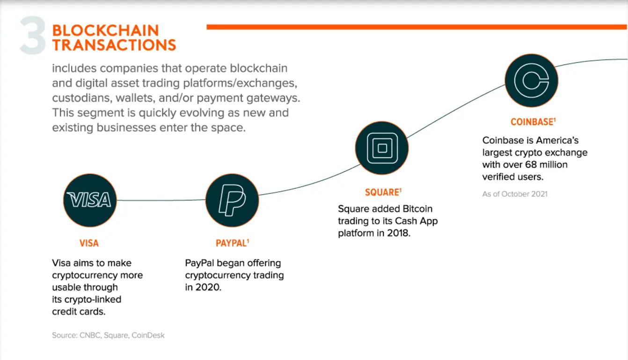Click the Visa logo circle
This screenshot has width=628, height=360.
tap(90, 200)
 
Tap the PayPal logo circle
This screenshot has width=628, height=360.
tap(232, 200)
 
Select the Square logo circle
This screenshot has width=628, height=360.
tap(382, 148)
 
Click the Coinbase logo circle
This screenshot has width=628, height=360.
tap(531, 80)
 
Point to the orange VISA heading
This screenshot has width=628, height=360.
tap(89, 243)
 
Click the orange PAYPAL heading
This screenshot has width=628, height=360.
tap(232, 243)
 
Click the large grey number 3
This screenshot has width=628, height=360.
tap(33, 36)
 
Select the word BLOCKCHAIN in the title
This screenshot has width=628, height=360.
tap(106, 31)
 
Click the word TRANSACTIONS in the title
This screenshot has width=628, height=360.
tap(114, 45)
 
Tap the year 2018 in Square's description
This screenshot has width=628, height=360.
tap(398, 233)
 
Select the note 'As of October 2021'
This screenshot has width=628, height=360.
tap(515, 194)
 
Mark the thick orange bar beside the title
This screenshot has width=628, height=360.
tap(416, 27)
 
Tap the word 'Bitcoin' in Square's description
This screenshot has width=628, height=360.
tap(416, 209)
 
